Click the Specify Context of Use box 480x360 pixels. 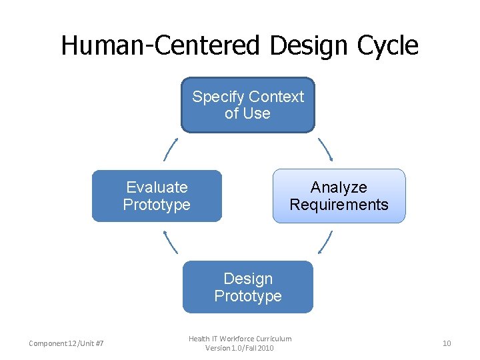click(x=248, y=105)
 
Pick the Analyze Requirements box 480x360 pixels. click(x=339, y=195)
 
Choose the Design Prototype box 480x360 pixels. click(x=248, y=287)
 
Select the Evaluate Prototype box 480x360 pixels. click(x=157, y=195)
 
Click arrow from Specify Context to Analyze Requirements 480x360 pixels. click(x=325, y=150)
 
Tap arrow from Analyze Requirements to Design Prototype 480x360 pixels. click(x=325, y=241)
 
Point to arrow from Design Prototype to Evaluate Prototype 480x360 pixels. click(x=171, y=241)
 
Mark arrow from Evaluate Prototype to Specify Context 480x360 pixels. click(x=171, y=150)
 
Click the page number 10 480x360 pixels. click(x=447, y=343)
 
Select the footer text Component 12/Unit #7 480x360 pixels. click(x=66, y=343)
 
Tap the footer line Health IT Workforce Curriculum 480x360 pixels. click(x=240, y=339)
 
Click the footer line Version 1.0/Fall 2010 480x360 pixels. click(x=240, y=348)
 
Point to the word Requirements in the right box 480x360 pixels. click(x=339, y=205)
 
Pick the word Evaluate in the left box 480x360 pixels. click(x=157, y=187)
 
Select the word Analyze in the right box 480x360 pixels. click(x=339, y=187)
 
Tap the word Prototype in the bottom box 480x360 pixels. click(x=248, y=295)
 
